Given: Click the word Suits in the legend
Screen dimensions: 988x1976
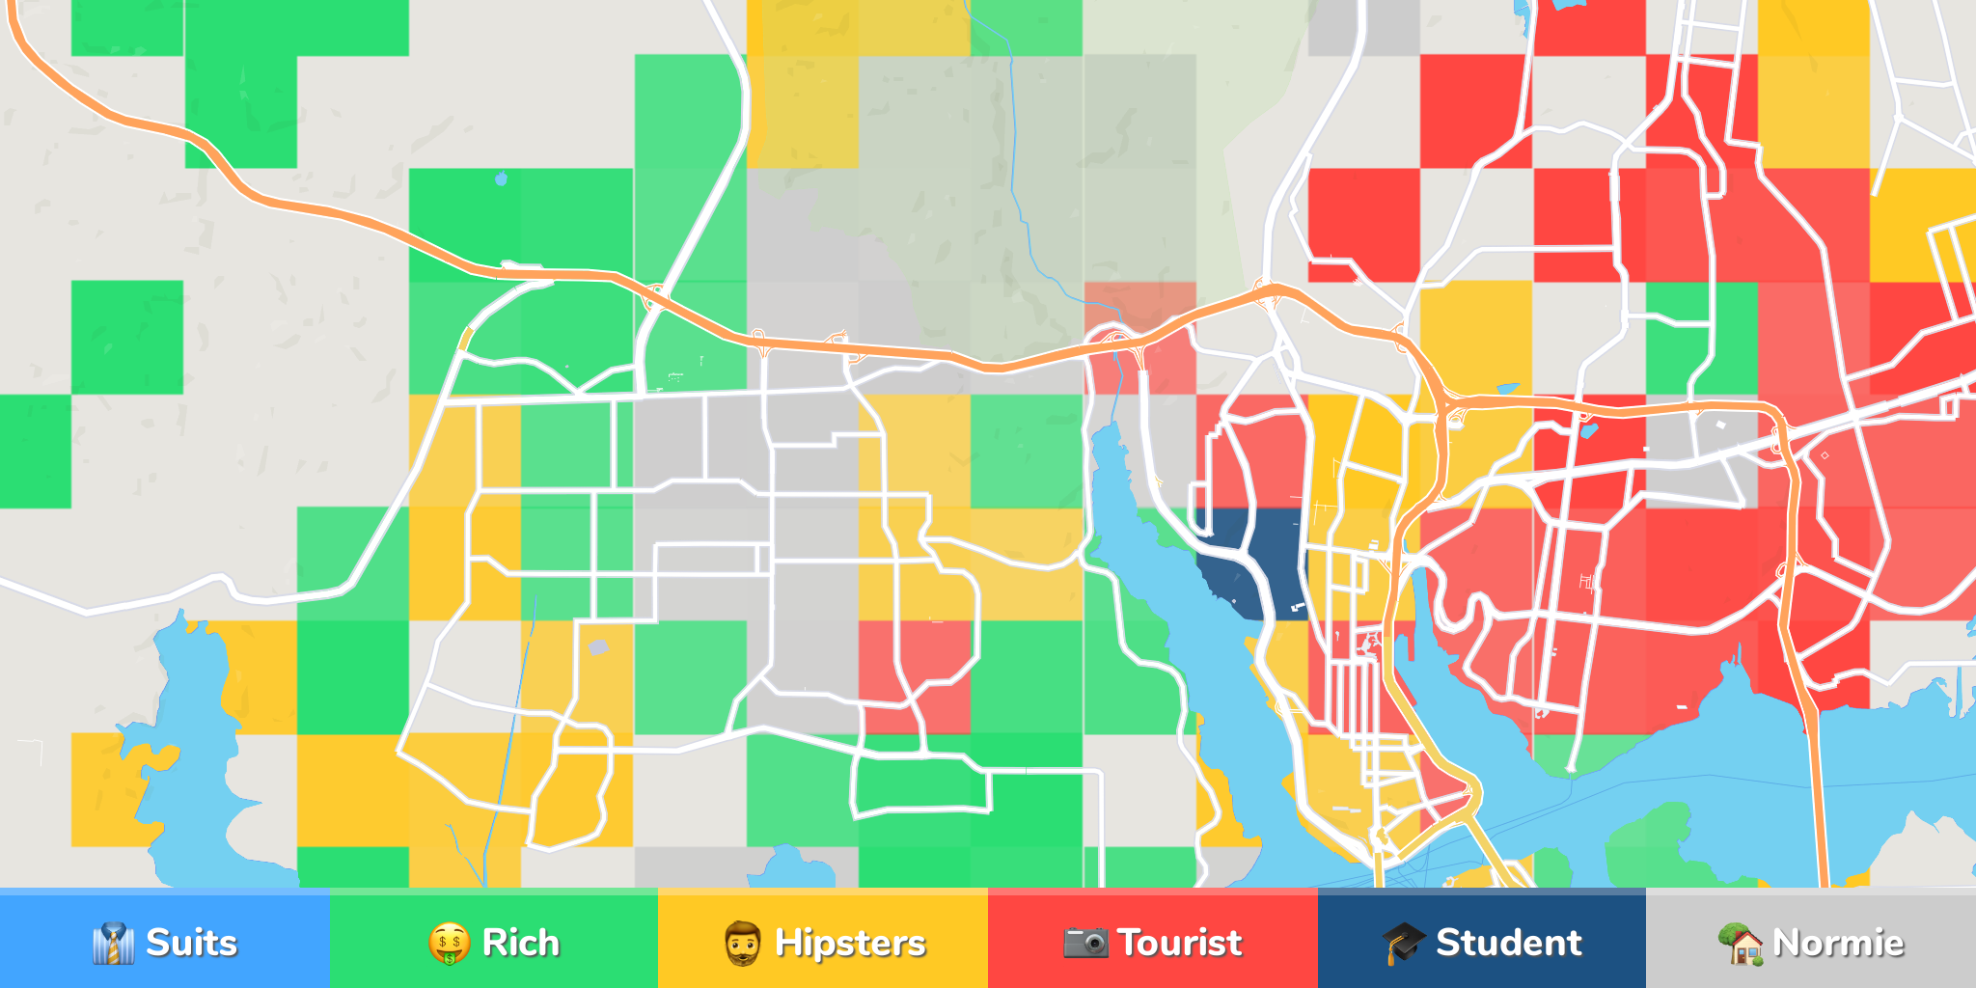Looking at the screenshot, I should (191, 943).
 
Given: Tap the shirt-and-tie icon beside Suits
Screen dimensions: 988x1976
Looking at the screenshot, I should (113, 944).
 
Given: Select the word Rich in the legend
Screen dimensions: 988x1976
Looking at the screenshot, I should (520, 943).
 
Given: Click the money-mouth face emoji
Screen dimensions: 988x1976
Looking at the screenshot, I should (449, 944).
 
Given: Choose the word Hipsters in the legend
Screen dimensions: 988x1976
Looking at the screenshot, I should (850, 943).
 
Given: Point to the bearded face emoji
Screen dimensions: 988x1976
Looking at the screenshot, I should (742, 944).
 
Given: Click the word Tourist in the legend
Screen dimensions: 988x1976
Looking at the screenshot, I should (1179, 943).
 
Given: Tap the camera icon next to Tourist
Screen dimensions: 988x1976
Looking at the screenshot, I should (1085, 943).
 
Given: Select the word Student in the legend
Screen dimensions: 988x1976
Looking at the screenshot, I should (1508, 943).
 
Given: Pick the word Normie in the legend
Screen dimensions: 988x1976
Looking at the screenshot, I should (1838, 943).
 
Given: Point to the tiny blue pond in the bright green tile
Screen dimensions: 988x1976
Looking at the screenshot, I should (501, 178).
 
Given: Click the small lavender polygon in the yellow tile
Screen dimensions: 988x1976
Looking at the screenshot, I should (598, 647).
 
